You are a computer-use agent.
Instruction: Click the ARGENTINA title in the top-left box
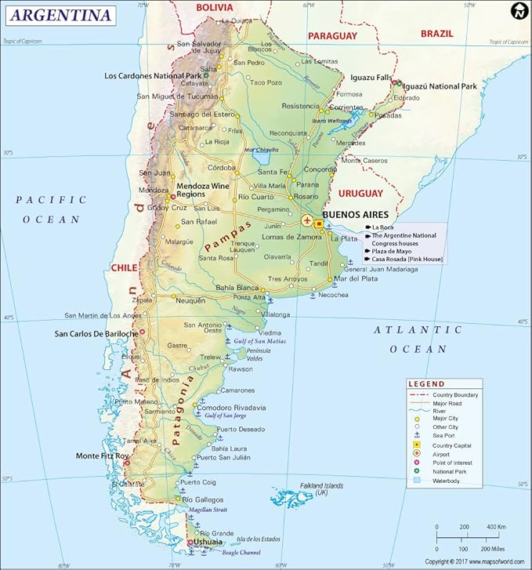click(60, 15)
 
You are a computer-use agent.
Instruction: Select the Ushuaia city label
click(207, 542)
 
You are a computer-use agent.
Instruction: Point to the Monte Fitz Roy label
click(103, 456)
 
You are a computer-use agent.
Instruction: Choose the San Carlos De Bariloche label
click(96, 333)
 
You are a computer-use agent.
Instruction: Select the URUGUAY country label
click(360, 193)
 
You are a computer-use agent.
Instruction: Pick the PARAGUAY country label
click(332, 36)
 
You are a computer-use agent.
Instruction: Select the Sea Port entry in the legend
click(445, 435)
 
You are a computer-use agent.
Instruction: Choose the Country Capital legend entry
click(454, 445)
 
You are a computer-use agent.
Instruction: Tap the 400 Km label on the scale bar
click(497, 527)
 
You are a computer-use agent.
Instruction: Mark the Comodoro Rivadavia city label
click(231, 408)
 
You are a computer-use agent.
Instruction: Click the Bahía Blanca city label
click(214, 288)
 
